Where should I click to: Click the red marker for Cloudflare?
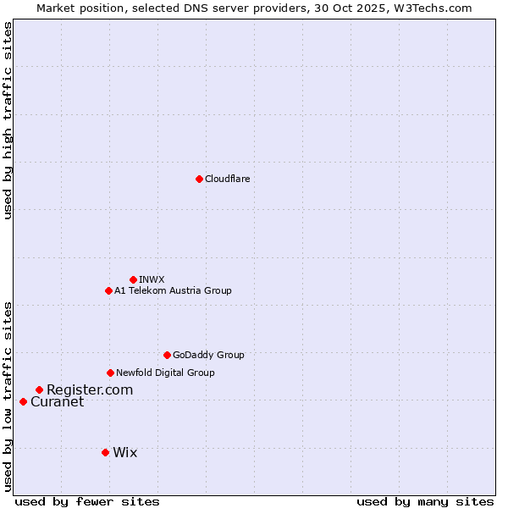coord(199,179)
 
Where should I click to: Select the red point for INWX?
coord(133,279)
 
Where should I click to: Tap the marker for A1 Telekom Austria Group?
coord(108,290)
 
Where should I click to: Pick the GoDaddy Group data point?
coord(167,355)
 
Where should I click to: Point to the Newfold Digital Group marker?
coord(110,373)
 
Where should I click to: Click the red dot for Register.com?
coord(39,389)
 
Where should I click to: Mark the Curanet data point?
coord(23,401)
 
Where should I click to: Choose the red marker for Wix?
coord(105,452)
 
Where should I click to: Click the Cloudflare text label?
coord(227,179)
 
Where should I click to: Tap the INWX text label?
coord(152,279)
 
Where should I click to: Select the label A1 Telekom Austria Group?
coord(173,290)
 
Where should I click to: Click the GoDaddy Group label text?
coord(208,355)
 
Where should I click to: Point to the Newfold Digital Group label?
coord(165,373)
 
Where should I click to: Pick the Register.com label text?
coord(90,389)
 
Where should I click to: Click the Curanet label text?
coord(57,401)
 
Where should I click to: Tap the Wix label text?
coord(124,452)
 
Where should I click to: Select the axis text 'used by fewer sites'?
coord(87,501)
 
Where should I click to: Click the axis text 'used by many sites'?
coord(425,501)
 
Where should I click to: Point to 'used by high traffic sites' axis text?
coord(8,120)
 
